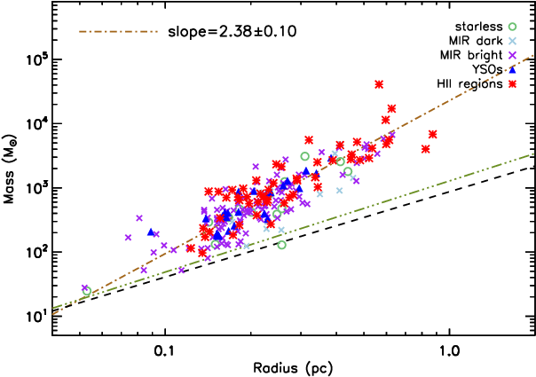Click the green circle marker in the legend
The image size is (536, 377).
point(512,27)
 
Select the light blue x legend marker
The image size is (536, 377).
point(512,41)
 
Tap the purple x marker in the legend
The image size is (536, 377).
point(512,55)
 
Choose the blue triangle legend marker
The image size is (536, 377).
point(512,69)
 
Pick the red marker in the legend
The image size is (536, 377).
point(512,84)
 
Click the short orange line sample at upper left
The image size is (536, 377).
point(118,31)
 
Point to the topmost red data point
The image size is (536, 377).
point(379,84)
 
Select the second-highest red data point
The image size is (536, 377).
point(391,109)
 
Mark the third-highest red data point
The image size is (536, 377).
point(385,120)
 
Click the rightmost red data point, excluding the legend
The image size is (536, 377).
point(432,134)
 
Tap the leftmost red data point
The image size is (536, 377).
point(190,248)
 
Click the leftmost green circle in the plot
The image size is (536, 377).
point(87,291)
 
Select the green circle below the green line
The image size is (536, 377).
point(281,245)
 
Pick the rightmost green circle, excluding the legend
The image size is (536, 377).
point(348,172)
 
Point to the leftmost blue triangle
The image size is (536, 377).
point(151,232)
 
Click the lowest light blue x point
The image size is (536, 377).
point(247,246)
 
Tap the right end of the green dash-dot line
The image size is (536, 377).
point(533,153)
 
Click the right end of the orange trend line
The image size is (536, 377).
point(533,56)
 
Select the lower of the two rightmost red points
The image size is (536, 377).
point(426,149)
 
